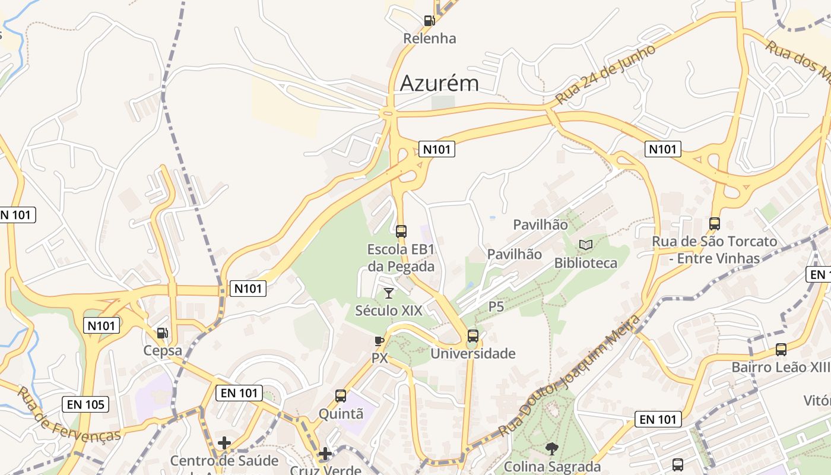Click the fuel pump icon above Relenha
click(x=429, y=21)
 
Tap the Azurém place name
click(x=439, y=83)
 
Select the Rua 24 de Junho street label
click(x=606, y=74)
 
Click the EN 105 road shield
click(x=85, y=405)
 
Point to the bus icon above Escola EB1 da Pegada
click(x=401, y=231)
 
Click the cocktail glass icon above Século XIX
click(x=389, y=293)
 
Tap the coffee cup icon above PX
click(x=379, y=341)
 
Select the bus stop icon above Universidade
click(x=472, y=336)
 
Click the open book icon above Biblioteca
click(x=586, y=245)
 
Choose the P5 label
click(x=496, y=306)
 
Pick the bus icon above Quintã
click(x=341, y=395)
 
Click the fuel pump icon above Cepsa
click(x=162, y=333)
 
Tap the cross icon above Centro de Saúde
click(x=224, y=442)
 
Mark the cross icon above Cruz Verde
click(x=325, y=454)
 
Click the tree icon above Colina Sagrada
click(x=552, y=449)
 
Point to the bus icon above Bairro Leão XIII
click(x=781, y=350)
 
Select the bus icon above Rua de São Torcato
click(x=715, y=224)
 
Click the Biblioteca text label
click(x=586, y=263)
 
